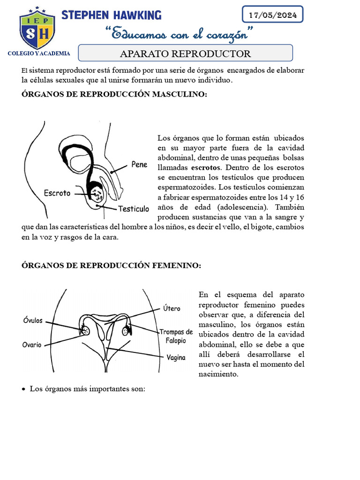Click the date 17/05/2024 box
coord(272,15)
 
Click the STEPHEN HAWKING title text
coord(112,15)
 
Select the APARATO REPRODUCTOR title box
coord(185,53)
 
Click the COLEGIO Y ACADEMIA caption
coord(39,53)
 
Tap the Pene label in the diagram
coord(139,165)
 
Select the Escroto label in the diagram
coord(57,193)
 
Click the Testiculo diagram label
coord(134,209)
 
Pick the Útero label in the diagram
coord(172,308)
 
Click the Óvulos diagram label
coord(33,321)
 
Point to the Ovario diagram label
coord(32,345)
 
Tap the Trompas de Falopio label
coord(176,336)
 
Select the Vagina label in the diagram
coord(176,357)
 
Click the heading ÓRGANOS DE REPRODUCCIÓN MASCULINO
coord(114,94)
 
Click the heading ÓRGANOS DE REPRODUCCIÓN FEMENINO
coord(111,266)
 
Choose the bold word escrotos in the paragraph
coord(207,167)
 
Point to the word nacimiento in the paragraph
coord(218,374)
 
